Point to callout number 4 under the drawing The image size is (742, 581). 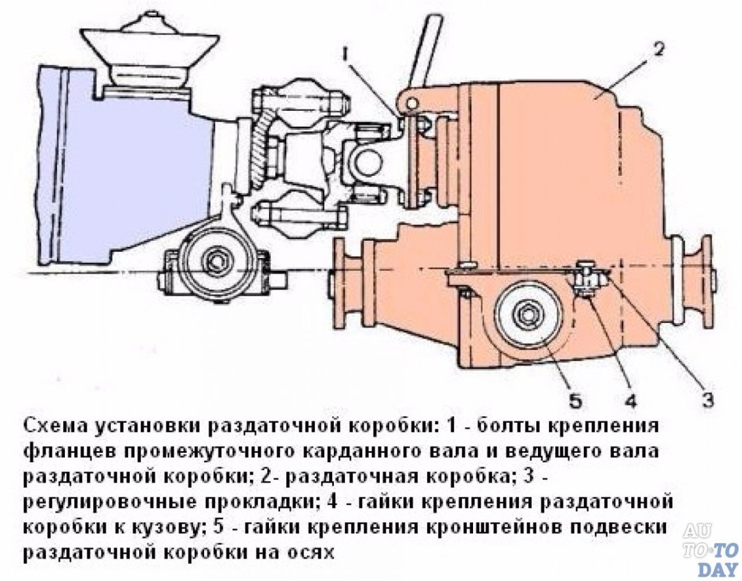[x=629, y=401]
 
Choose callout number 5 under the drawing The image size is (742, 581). [x=574, y=401]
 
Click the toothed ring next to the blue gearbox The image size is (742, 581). [x=260, y=152]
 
